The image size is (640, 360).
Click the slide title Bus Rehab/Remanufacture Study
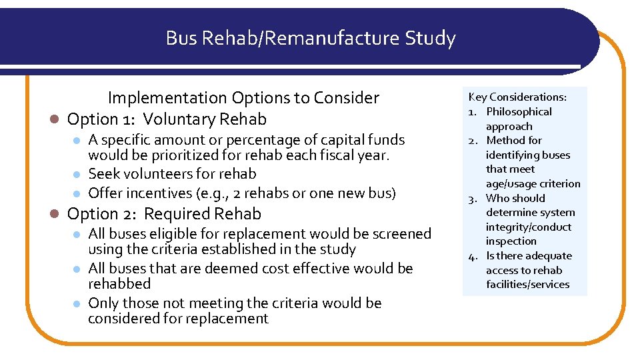click(311, 39)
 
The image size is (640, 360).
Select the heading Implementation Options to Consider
click(243, 98)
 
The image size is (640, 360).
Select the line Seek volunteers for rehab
click(172, 174)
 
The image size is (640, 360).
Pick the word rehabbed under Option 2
click(119, 284)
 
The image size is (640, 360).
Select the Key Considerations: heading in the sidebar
click(508, 97)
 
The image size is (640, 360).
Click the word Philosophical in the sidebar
click(519, 112)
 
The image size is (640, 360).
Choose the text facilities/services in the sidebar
click(527, 285)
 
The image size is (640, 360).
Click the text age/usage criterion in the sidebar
click(533, 184)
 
